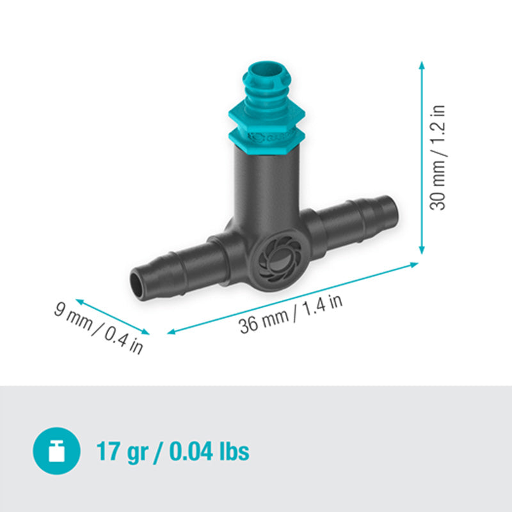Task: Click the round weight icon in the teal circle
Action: pos(56,452)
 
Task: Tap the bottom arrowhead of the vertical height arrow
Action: pos(422,251)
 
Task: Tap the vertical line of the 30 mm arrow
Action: pos(422,160)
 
